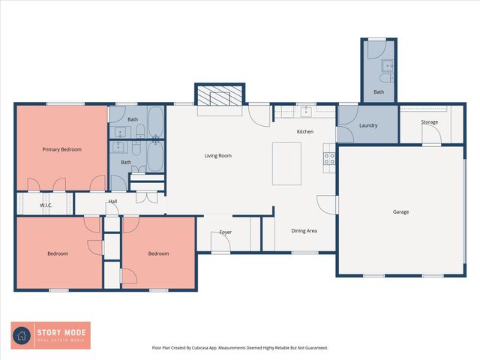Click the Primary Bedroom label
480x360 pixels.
[x=61, y=149]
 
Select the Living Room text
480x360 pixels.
[x=217, y=156]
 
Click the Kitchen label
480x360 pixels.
[x=304, y=132]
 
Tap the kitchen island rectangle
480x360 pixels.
[x=286, y=162]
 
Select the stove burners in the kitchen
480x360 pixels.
[x=328, y=158]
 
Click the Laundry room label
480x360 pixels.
[x=367, y=125]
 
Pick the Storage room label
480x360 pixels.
[x=429, y=121]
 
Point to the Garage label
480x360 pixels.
[x=400, y=212]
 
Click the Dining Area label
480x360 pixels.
[x=304, y=230]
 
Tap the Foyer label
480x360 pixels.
[x=225, y=232]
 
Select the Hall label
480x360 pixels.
[x=112, y=201]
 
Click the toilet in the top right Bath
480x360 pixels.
[x=385, y=78]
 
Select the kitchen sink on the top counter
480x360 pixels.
[x=306, y=111]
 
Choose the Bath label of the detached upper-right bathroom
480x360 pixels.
[x=379, y=92]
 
